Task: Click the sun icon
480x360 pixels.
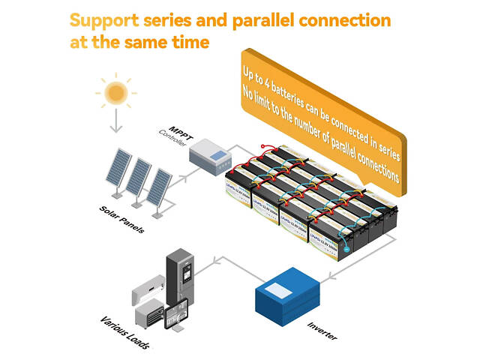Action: click(x=115, y=92)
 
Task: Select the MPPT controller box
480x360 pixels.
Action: click(x=210, y=157)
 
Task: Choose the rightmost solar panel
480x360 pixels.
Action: click(x=158, y=187)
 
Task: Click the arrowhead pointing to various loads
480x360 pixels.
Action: click(x=217, y=260)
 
